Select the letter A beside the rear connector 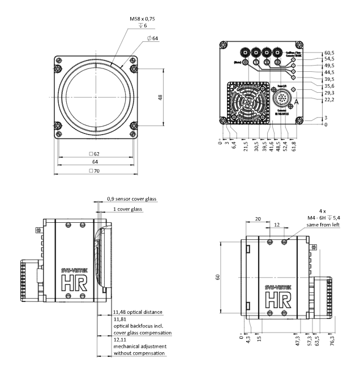click(295, 101)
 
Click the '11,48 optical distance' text click(138, 312)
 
